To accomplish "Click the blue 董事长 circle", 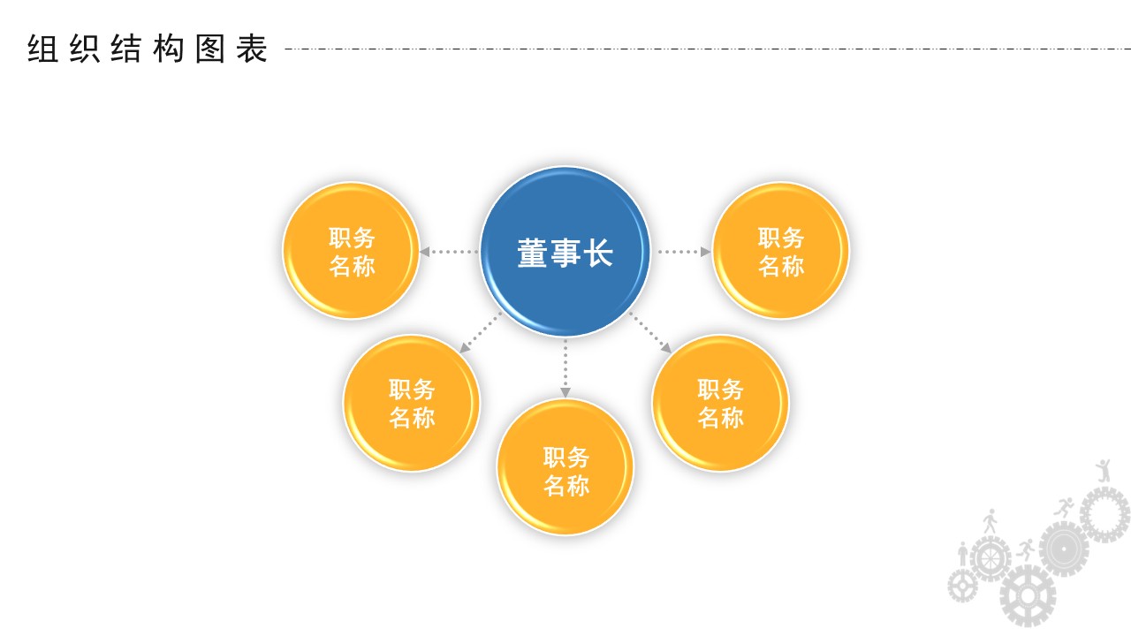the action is [565, 252].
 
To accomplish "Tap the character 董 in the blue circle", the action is [532, 253].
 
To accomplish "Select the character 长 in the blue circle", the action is [598, 253].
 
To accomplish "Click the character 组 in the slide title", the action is [42, 49].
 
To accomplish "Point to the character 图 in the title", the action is [210, 49].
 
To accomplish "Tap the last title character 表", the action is [252, 49].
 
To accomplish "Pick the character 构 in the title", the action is [169, 49].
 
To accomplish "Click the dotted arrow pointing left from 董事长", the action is [449, 252].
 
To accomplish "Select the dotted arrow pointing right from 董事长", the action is [684, 252].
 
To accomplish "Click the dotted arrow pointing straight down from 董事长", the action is [565, 368].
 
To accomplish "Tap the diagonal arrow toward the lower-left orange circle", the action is [480, 333].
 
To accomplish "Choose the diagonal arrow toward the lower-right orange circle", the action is [650, 333].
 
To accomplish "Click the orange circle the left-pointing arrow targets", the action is [351, 251].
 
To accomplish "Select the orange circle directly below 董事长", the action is [565, 467].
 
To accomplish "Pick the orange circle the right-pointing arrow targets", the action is [780, 251].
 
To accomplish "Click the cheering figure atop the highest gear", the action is [1104, 470].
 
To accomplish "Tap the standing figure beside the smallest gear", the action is [963, 554].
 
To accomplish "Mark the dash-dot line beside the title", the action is [708, 49].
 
